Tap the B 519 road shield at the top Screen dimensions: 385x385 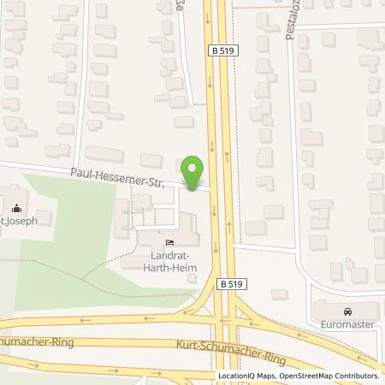tap(221, 50)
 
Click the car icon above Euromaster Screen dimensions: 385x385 tap(347, 310)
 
